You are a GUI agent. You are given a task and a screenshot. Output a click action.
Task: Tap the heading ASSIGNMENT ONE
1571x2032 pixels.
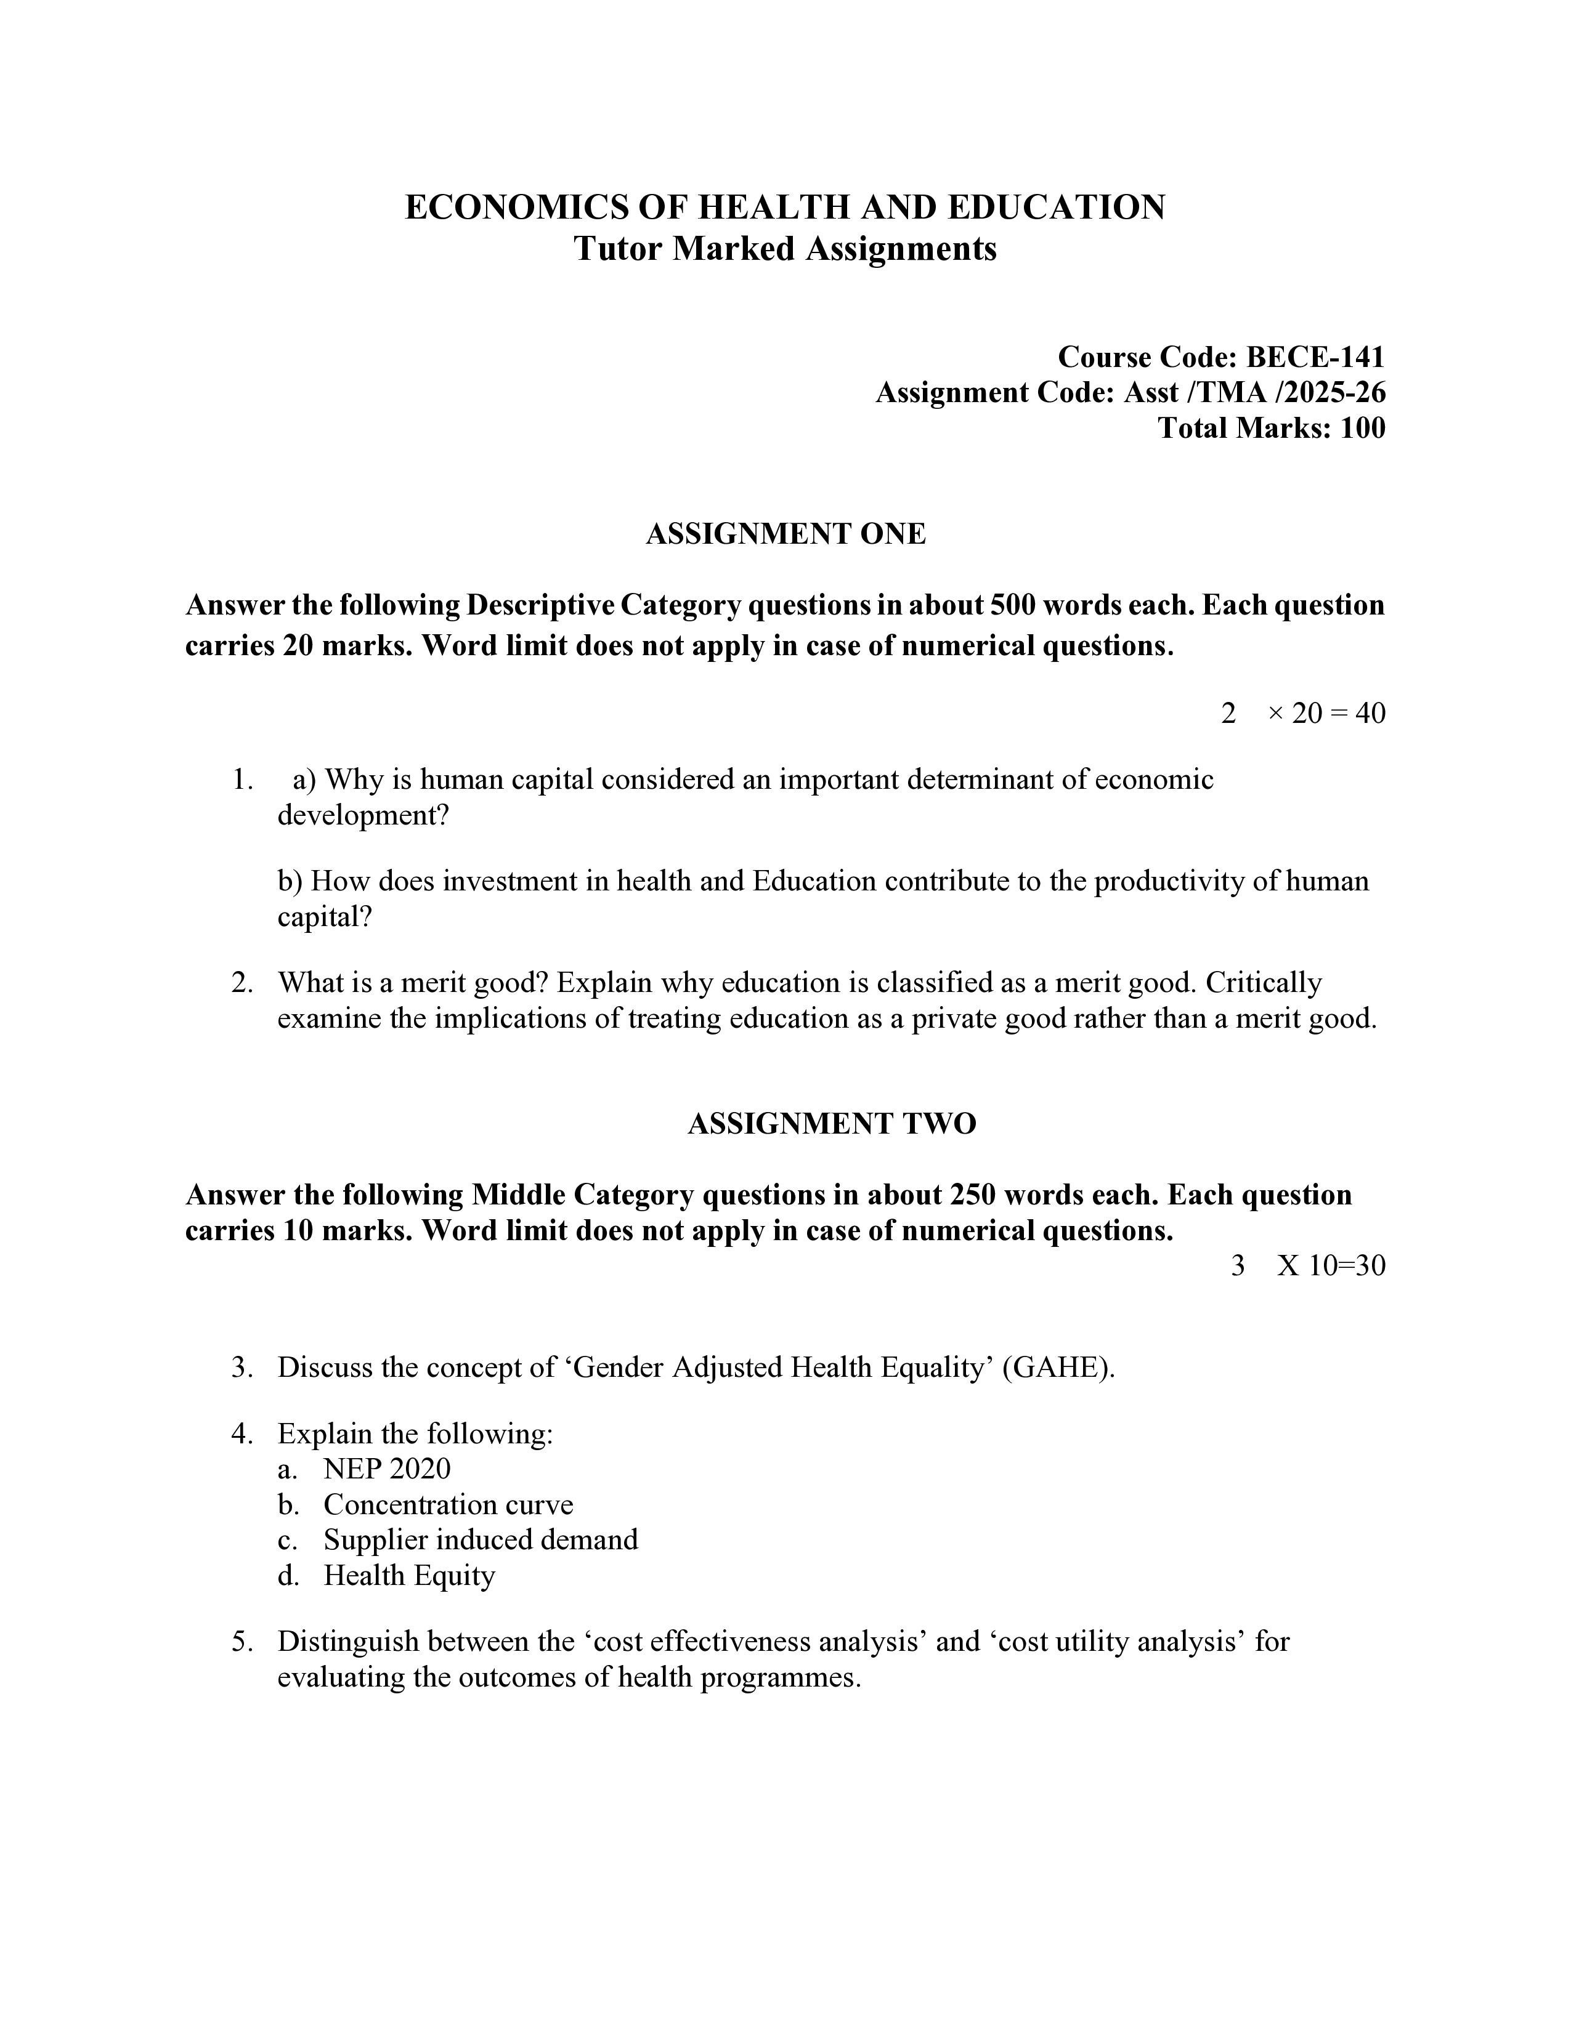pyautogui.click(x=785, y=534)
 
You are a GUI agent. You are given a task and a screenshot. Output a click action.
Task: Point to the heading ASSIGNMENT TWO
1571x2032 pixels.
pyautogui.click(x=831, y=1124)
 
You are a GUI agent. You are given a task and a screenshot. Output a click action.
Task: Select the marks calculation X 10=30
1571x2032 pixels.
pyautogui.click(x=1331, y=1265)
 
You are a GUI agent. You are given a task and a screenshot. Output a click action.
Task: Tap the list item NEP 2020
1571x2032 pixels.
pyautogui.click(x=386, y=1469)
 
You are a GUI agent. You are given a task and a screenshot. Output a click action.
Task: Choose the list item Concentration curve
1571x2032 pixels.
pyautogui.click(x=448, y=1504)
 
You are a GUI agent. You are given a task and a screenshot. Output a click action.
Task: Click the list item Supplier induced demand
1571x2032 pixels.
pyautogui.click(x=481, y=1540)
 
